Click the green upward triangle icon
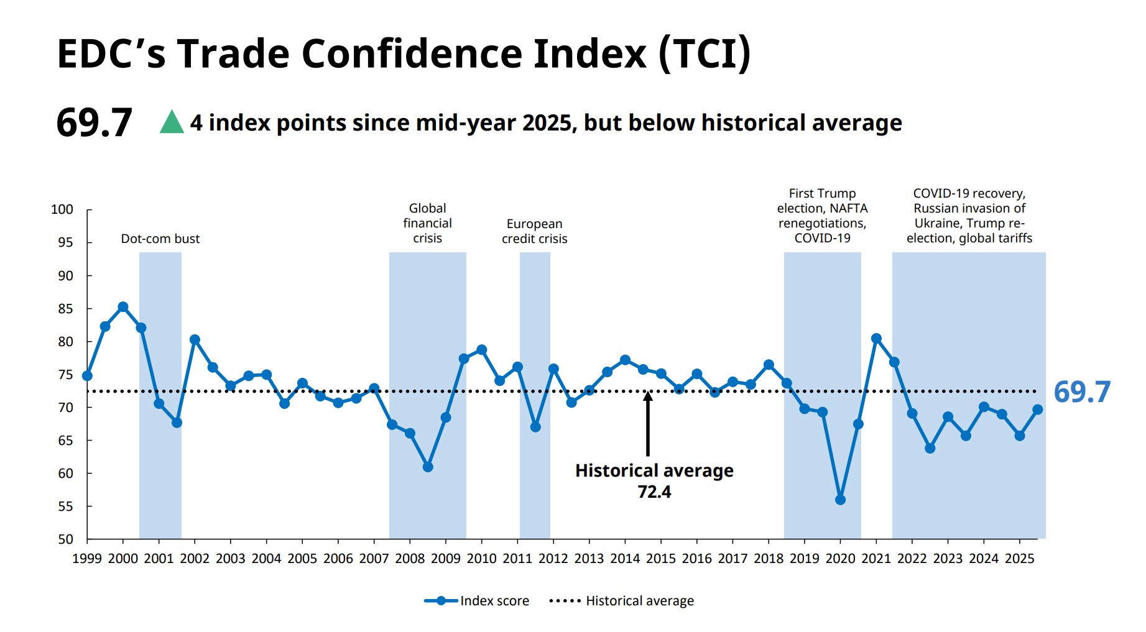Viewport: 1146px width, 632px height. (x=172, y=123)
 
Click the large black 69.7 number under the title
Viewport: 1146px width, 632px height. (x=94, y=122)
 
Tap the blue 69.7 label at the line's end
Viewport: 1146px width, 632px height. (x=1081, y=392)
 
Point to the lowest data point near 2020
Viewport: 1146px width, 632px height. (x=840, y=500)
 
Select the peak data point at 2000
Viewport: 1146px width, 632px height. (x=123, y=307)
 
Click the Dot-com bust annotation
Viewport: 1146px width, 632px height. (x=160, y=239)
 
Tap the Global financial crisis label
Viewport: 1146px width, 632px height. (x=427, y=223)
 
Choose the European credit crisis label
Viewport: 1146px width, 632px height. (x=534, y=231)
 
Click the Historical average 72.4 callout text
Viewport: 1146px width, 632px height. (x=654, y=480)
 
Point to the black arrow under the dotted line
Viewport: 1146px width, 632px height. (x=648, y=426)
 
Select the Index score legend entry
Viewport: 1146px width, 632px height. (x=477, y=601)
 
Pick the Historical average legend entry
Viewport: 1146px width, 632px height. (x=622, y=601)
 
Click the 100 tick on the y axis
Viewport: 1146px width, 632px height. (x=62, y=209)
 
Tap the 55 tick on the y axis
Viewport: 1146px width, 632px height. (x=65, y=506)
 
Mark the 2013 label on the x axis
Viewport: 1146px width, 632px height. (x=589, y=559)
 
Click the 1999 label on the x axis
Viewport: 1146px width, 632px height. (x=87, y=559)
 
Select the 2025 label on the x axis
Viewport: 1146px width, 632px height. (x=1019, y=559)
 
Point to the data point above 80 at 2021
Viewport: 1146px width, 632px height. (x=876, y=339)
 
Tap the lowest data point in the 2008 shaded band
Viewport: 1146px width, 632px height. (x=428, y=467)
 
